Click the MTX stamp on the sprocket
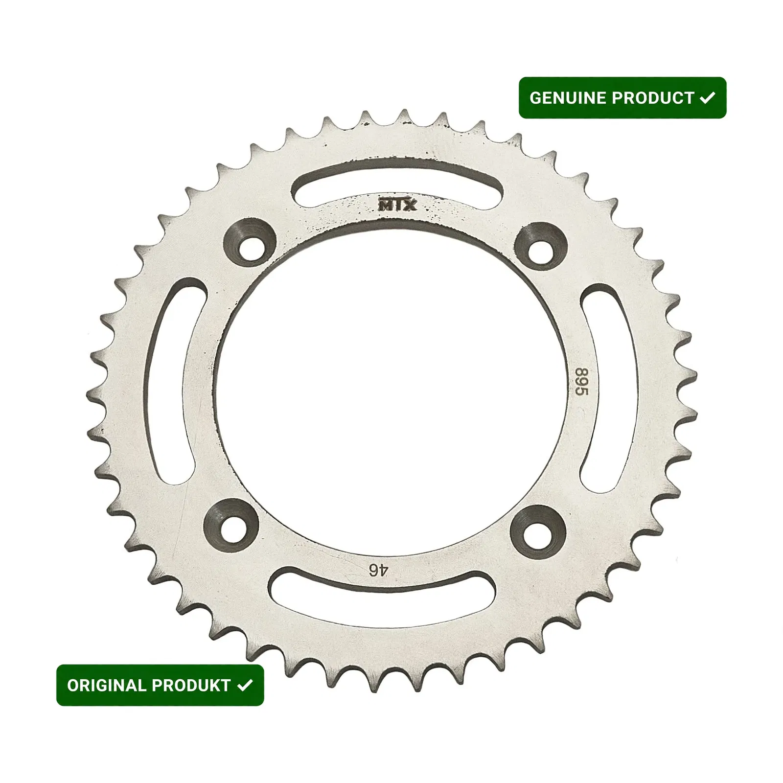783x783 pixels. [x=397, y=205]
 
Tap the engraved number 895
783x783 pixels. [x=581, y=382]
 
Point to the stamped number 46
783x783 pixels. [x=378, y=570]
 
